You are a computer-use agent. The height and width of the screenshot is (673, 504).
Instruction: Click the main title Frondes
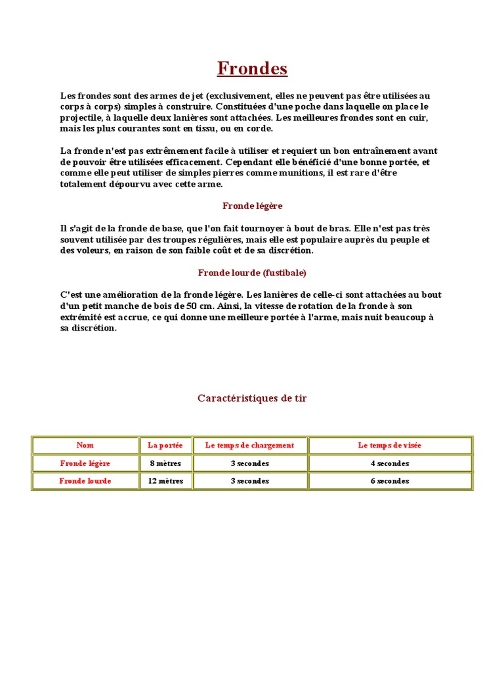252,68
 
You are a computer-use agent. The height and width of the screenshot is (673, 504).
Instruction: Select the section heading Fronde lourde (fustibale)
252,273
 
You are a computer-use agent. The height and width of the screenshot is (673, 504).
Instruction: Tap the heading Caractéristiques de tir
252,398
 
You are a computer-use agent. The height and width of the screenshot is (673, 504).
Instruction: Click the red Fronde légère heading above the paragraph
252,206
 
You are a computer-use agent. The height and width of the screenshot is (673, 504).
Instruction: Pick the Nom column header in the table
85,446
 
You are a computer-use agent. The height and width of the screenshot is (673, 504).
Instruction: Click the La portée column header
165,446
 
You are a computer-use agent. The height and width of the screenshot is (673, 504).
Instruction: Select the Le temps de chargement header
249,446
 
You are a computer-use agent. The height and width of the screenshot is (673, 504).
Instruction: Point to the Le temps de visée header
390,446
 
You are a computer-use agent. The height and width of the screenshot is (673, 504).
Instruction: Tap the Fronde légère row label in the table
85,463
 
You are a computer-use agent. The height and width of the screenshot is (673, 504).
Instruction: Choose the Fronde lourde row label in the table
85,481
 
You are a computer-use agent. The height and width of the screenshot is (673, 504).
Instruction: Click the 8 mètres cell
165,463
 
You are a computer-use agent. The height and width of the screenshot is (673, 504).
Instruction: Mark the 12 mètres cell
165,481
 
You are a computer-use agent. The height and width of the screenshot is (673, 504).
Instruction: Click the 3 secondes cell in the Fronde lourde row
249,481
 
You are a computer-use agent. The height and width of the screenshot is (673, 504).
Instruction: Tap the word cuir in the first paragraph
419,118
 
